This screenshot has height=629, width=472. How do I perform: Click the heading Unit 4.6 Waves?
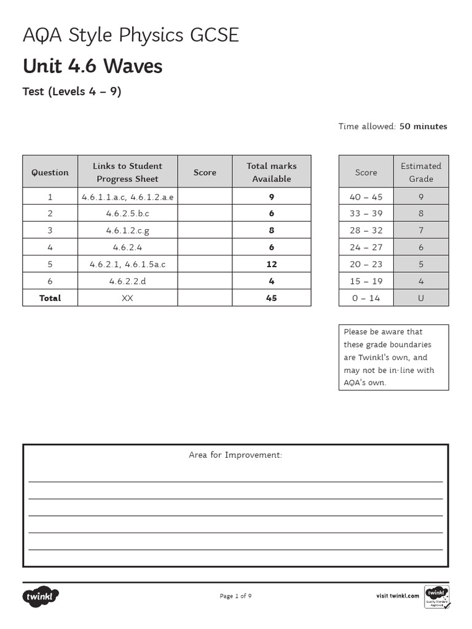pyautogui.click(x=92, y=66)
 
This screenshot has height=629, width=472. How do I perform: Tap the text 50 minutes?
pyautogui.click(x=423, y=127)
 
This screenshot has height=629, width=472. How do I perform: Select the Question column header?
pyautogui.click(x=50, y=173)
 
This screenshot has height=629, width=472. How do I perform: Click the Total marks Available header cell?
pyautogui.click(x=271, y=173)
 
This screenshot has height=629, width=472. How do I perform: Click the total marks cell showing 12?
pyautogui.click(x=271, y=264)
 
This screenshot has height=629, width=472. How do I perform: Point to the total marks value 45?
pyautogui.click(x=271, y=298)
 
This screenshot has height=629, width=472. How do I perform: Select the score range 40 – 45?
pyautogui.click(x=366, y=197)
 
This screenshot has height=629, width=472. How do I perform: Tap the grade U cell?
pyautogui.click(x=421, y=298)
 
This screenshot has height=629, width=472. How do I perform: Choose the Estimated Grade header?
pyautogui.click(x=421, y=173)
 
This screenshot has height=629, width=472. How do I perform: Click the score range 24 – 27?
pyautogui.click(x=366, y=248)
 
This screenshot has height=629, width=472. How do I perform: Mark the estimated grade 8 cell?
pyautogui.click(x=421, y=214)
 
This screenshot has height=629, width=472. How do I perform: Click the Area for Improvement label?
pyautogui.click(x=235, y=455)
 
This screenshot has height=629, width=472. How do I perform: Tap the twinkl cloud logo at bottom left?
pyautogui.click(x=41, y=596)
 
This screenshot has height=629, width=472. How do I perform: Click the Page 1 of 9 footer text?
pyautogui.click(x=235, y=596)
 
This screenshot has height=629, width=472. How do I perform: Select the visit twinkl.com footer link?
pyautogui.click(x=398, y=596)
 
